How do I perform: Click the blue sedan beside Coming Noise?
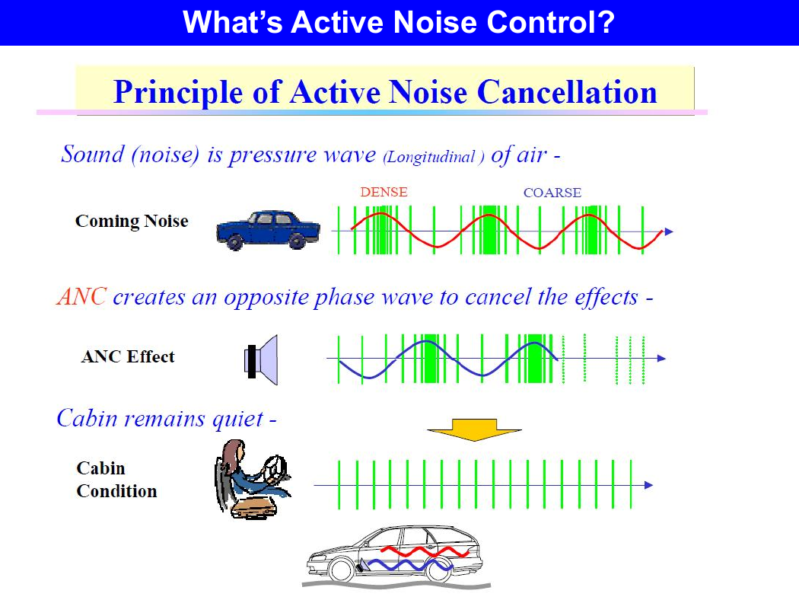point(268,230)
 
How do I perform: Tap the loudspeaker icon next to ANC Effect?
point(262,360)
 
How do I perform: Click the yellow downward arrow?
point(474,429)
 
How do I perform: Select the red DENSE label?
point(384,192)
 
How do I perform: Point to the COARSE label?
point(552,193)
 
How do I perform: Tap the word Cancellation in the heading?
point(567,92)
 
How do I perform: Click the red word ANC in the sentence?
point(81,296)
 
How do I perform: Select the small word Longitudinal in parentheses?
point(431,157)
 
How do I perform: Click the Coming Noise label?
point(132,222)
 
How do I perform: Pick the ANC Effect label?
point(128,356)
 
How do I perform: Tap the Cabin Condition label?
point(116,479)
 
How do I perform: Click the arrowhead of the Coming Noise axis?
point(669,231)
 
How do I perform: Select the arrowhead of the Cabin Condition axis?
point(648,485)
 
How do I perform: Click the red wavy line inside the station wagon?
point(425,551)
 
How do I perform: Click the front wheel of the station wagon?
point(341,570)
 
